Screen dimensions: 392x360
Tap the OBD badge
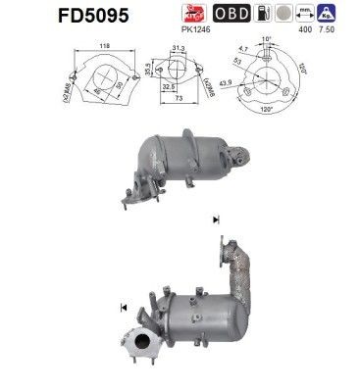click(x=231, y=14)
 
